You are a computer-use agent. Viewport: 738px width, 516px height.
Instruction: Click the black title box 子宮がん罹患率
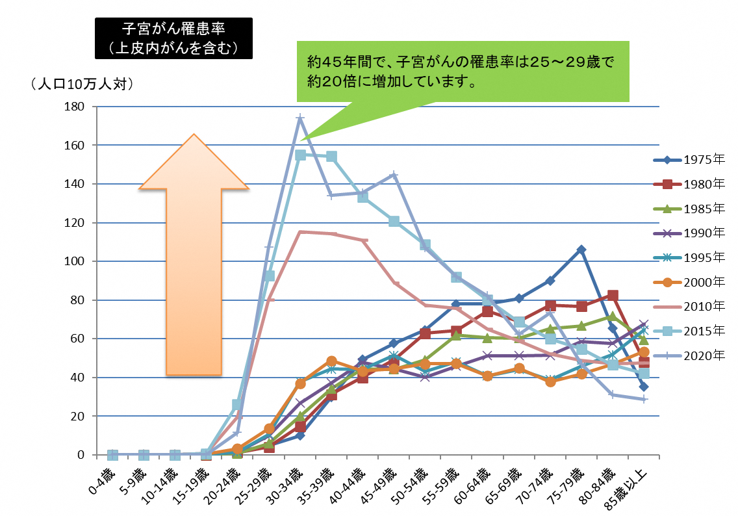tap(172, 38)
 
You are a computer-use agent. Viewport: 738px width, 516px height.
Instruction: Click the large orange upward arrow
tap(194, 253)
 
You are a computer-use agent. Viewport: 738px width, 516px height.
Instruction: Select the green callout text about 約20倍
tap(463, 72)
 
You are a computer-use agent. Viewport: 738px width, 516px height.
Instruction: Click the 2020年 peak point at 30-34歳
tap(300, 118)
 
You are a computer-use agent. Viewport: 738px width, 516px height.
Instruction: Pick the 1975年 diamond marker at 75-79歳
tap(581, 250)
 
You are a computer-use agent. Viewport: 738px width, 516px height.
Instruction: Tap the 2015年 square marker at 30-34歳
tap(300, 155)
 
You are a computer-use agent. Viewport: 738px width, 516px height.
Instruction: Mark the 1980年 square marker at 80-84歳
tap(613, 296)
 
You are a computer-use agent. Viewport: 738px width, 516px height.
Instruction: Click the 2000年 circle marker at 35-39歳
tap(331, 361)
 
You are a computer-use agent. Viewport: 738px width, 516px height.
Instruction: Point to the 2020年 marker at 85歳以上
tap(644, 399)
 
